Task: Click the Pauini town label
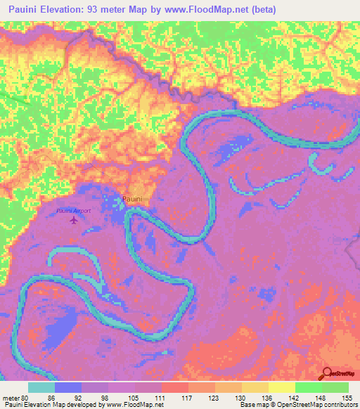133,200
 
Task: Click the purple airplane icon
74,221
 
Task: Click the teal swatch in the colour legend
41,387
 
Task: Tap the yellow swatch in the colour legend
281,387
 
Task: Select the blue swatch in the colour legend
68,387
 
